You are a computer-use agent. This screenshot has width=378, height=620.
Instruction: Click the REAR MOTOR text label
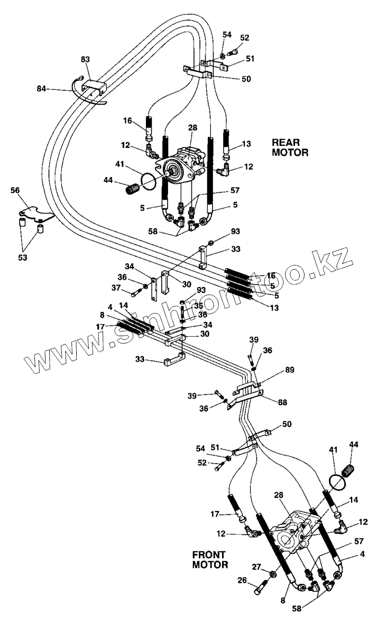(x=290, y=147)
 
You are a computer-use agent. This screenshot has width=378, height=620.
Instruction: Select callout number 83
(x=85, y=60)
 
